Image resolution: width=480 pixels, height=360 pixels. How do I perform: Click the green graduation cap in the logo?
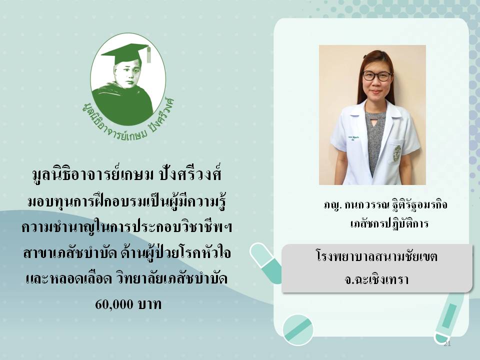point(125,52)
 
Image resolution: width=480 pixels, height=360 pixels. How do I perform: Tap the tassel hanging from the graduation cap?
point(149,54)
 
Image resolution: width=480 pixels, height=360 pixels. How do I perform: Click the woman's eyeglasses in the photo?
point(376,75)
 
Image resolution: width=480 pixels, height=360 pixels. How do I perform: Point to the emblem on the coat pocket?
point(397,153)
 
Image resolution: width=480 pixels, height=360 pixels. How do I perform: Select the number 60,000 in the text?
point(114,304)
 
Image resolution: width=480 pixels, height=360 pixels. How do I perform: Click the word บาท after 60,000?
point(149,304)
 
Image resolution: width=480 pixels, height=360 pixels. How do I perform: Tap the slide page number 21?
point(447,344)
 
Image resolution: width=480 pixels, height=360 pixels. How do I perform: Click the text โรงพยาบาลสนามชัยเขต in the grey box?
point(376,256)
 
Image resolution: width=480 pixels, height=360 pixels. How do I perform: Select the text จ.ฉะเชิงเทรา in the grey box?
point(376,279)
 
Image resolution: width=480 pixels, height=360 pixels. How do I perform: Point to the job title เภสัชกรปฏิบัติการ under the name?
point(389,223)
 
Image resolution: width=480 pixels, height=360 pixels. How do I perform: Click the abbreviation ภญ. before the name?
point(332,205)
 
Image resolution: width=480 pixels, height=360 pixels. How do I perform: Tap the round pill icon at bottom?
point(297,330)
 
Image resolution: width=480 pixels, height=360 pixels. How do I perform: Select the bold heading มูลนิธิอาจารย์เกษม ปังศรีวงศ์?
point(126,175)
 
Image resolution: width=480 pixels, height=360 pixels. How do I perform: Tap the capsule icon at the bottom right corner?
point(447,318)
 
